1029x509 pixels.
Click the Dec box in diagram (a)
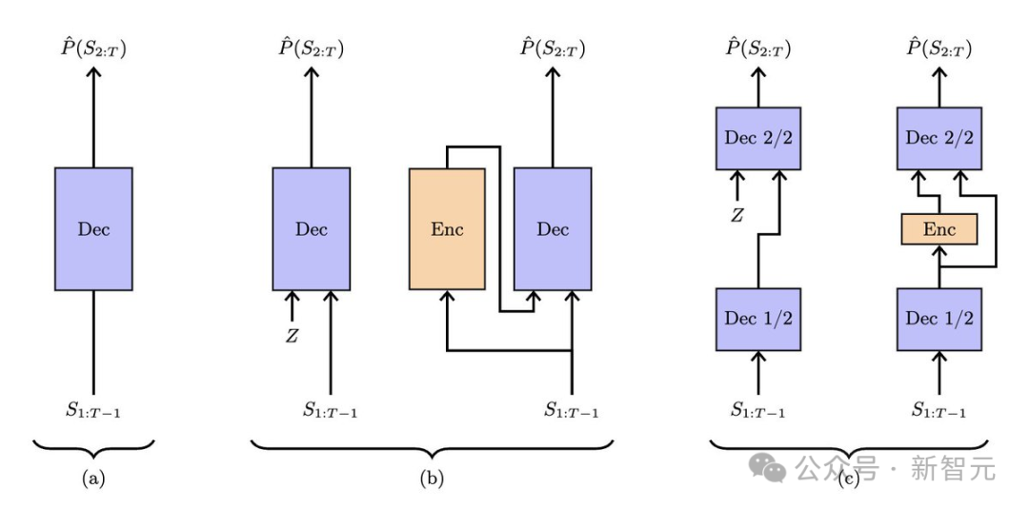(93, 228)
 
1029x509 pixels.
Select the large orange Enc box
(447, 228)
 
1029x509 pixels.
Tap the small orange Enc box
(939, 229)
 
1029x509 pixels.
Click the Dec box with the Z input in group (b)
(311, 228)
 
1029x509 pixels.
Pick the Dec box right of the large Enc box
(553, 228)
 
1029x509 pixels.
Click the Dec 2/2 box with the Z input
(758, 138)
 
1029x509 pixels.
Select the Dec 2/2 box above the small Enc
(939, 138)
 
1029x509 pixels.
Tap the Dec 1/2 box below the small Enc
(939, 319)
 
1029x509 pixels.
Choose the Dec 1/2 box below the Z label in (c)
(758, 319)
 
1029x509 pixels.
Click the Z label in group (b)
(292, 336)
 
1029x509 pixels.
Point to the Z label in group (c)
(736, 215)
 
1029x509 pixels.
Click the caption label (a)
(93, 479)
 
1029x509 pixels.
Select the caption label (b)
(432, 479)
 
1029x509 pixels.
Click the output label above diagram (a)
(93, 48)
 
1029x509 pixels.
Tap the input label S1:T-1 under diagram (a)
(93, 411)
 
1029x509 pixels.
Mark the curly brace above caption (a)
(93, 447)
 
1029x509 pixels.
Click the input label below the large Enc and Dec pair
(571, 411)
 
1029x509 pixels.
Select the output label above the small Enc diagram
(939, 48)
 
